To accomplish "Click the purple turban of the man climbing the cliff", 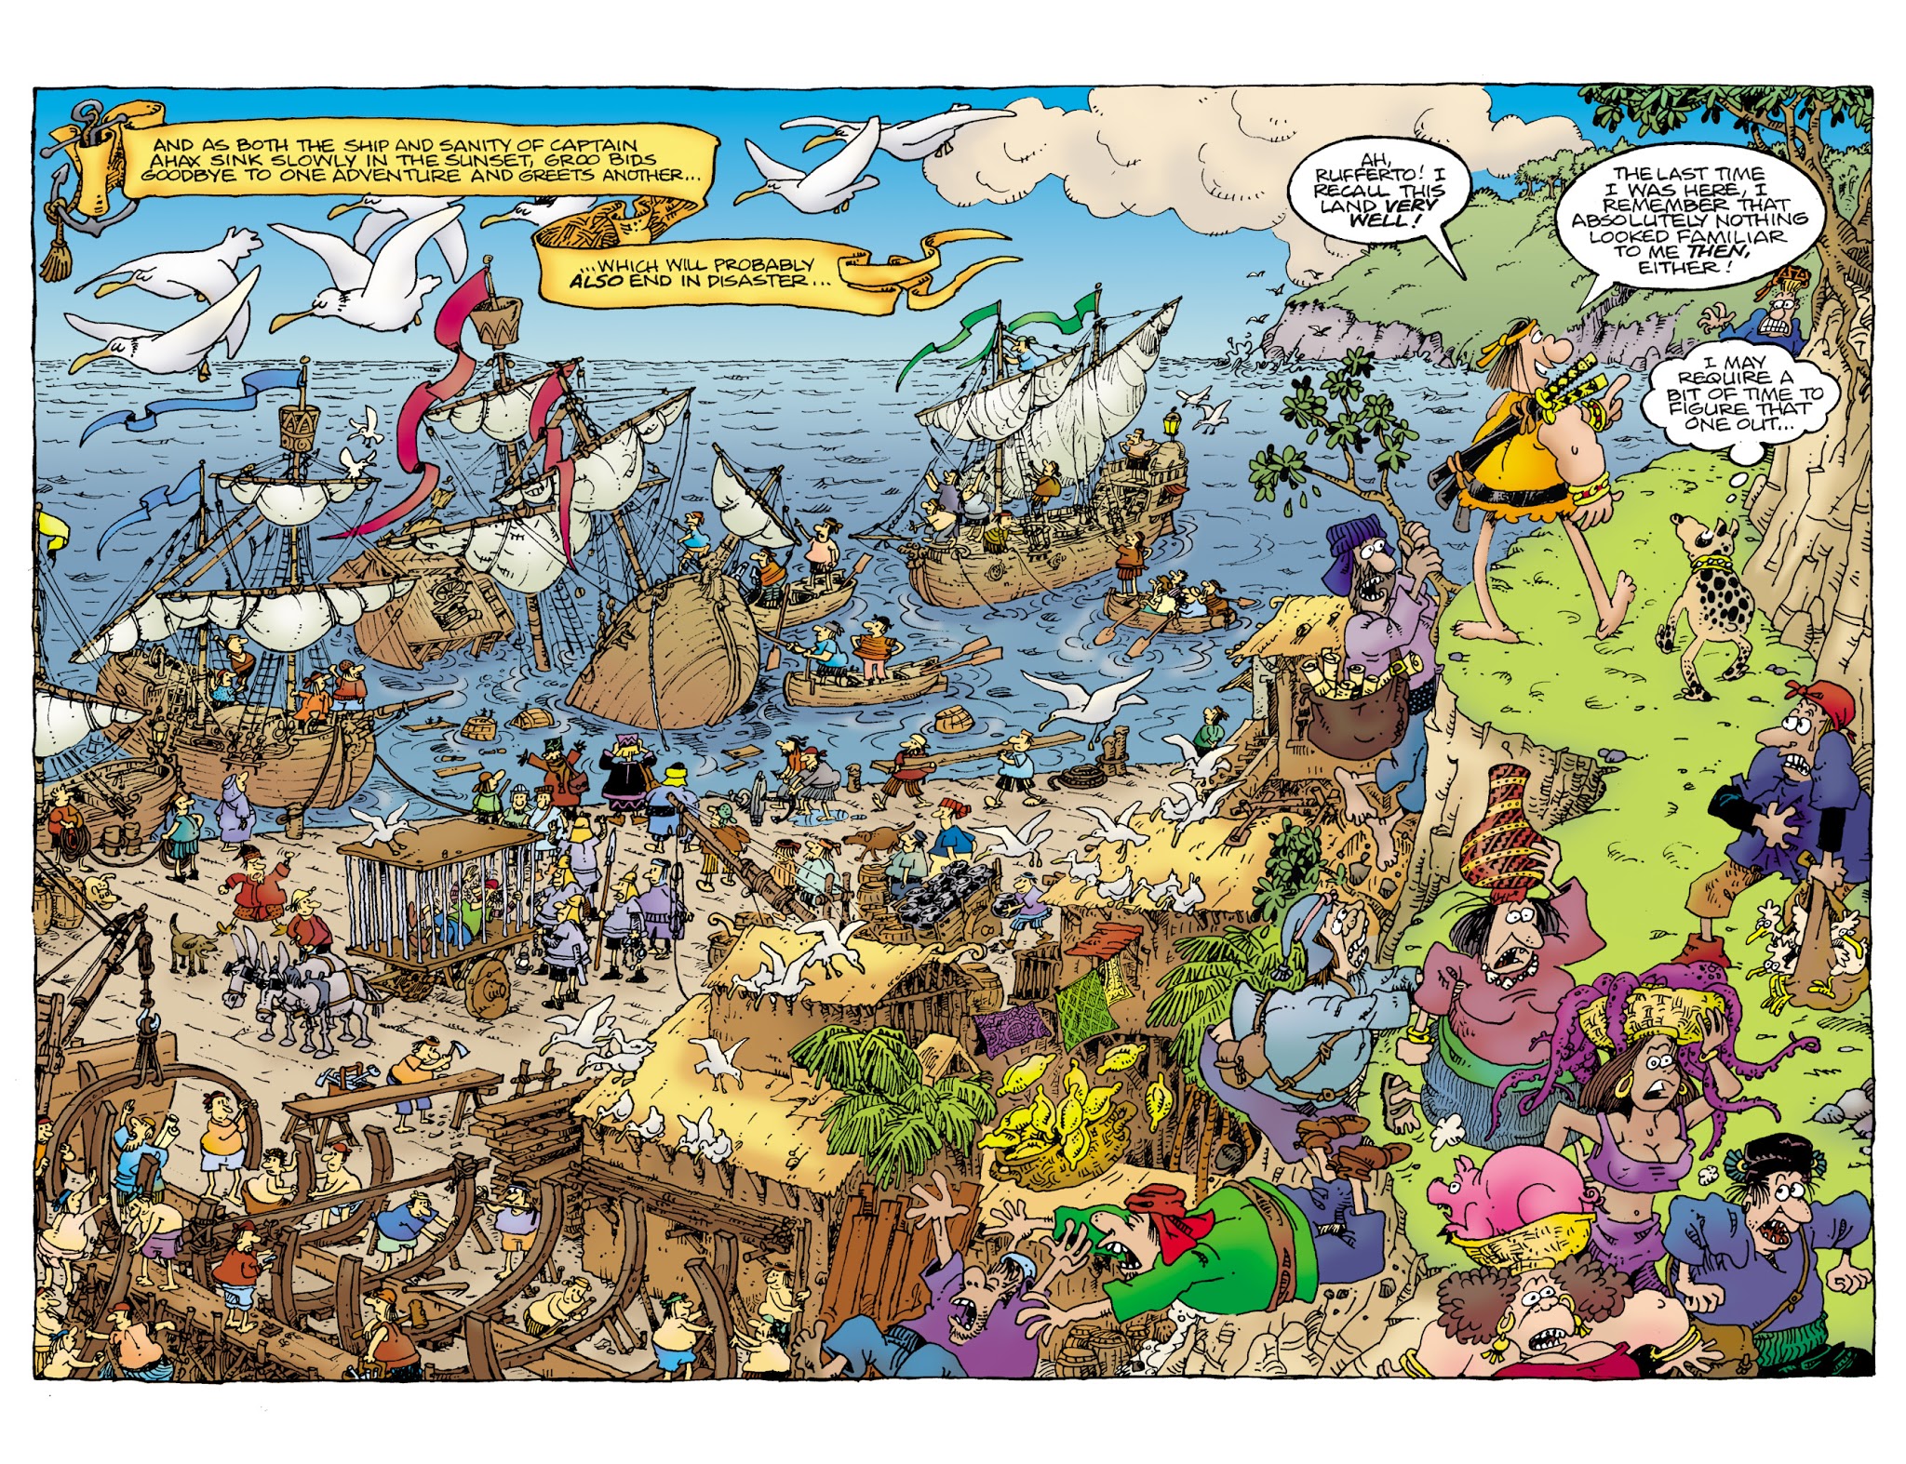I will pos(1354,542).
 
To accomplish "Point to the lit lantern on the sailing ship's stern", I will pos(1170,423).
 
